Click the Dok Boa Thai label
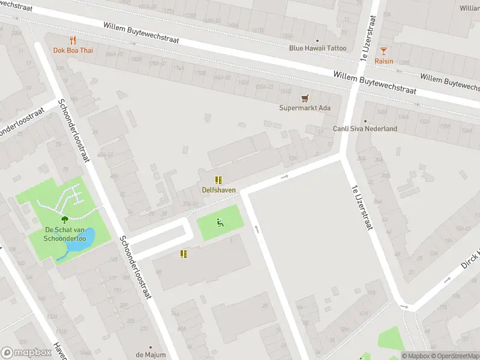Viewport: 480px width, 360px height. (73, 50)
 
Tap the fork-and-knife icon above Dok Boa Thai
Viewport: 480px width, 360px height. (73, 40)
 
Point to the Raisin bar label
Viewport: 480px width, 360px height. (383, 61)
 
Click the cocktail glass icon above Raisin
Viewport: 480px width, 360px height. (383, 50)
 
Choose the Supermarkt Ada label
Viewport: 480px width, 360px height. (305, 108)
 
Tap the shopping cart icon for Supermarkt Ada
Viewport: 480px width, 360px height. (305, 98)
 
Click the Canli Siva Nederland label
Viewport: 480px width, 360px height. (365, 128)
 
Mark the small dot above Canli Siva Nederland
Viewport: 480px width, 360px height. (365, 121)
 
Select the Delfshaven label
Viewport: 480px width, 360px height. (218, 190)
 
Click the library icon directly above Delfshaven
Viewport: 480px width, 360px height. (218, 179)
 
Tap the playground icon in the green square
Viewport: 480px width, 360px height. (220, 223)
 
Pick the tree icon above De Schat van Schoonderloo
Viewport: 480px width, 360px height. (65, 220)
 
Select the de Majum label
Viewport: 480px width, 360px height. (150, 355)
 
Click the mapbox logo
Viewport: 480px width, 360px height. (26, 353)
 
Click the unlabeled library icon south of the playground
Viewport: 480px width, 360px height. (184, 254)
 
